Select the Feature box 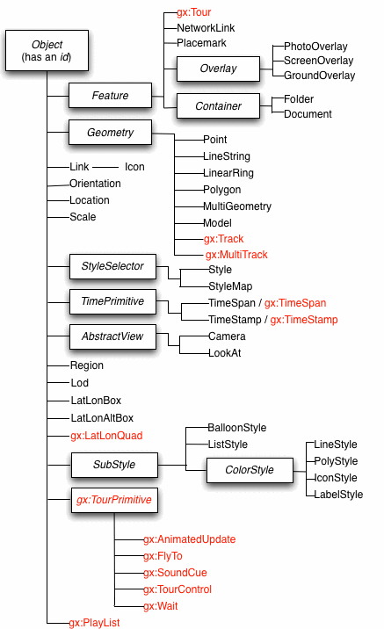[x=110, y=95]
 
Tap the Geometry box [x=110, y=133]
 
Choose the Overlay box [x=217, y=68]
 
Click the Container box [x=217, y=106]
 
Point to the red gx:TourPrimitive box [x=114, y=501]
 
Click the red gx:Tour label [x=194, y=13]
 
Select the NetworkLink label [x=206, y=28]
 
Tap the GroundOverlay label [x=319, y=76]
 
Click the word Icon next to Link [x=134, y=167]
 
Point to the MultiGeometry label [x=237, y=206]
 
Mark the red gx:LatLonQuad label [x=106, y=435]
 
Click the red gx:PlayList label [x=94, y=622]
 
